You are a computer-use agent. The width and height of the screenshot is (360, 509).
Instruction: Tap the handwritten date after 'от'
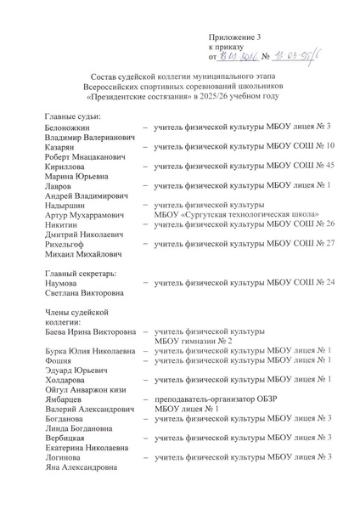239,59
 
